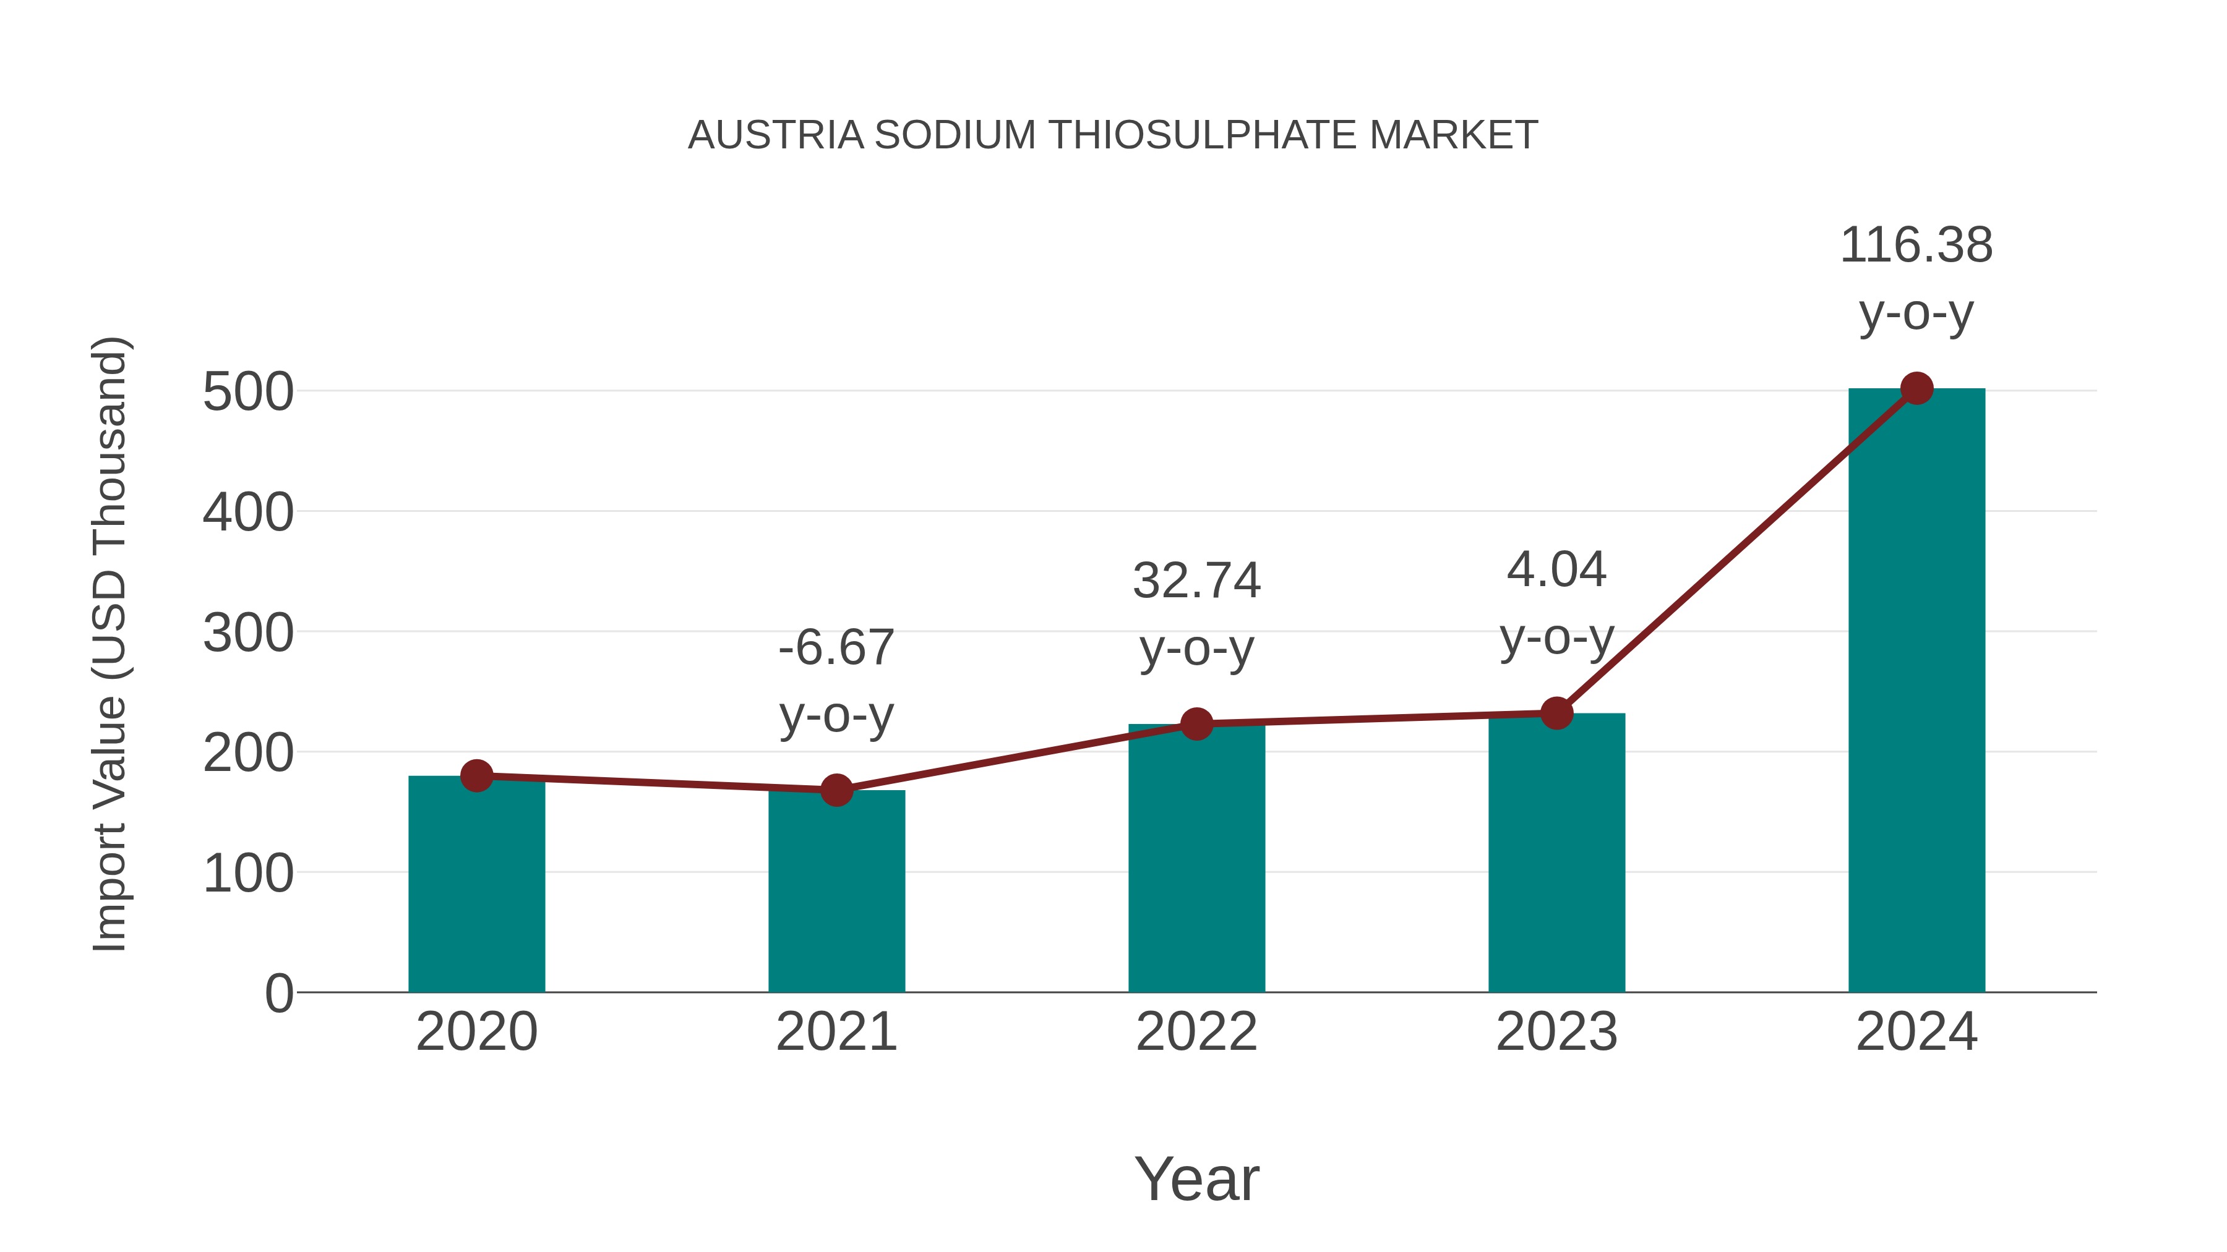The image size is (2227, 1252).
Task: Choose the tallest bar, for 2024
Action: tap(1916, 691)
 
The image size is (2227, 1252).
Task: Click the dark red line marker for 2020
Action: tap(476, 776)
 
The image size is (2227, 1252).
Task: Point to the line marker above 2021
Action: tap(836, 790)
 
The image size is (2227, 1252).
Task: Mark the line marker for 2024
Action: tap(1916, 389)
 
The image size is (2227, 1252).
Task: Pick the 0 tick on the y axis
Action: tap(278, 994)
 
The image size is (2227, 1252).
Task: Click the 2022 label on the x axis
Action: tap(1196, 1032)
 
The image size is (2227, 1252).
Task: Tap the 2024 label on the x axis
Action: tap(1916, 1032)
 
